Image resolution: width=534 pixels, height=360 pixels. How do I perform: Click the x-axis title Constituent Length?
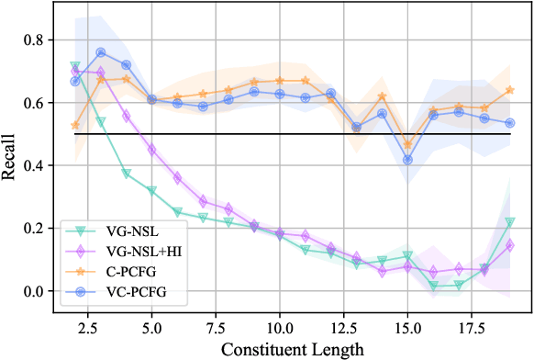[292, 349]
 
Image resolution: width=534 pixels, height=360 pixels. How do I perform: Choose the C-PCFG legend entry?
[119, 273]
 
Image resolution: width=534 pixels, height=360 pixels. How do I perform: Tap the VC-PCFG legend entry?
[122, 293]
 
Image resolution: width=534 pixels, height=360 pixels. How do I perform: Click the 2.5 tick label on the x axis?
[88, 327]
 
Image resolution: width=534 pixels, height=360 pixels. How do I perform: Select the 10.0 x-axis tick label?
[279, 327]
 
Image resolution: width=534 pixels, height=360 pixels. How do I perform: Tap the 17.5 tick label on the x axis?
[471, 327]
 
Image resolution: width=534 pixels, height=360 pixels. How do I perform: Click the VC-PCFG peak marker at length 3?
[101, 52]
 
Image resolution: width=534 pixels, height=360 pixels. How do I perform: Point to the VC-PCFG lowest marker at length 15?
[407, 160]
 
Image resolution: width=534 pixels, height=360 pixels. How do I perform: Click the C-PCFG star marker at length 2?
[75, 125]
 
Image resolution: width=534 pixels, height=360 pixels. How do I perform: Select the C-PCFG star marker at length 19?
[510, 90]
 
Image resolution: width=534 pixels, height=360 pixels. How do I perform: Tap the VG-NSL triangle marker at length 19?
[510, 222]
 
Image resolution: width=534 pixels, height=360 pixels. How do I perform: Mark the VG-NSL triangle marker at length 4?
[127, 174]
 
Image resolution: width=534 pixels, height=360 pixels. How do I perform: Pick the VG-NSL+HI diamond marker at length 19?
[510, 245]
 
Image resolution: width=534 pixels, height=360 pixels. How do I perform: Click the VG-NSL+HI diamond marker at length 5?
[152, 150]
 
